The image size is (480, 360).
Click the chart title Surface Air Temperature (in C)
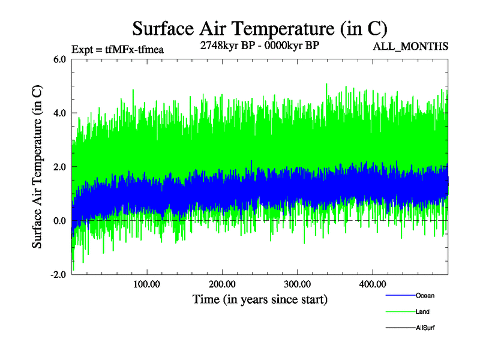pyautogui.click(x=259, y=28)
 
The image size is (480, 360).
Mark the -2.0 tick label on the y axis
pyautogui.click(x=58, y=275)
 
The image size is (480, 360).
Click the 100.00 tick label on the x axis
pyautogui.click(x=146, y=284)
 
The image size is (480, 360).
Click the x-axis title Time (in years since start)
pyautogui.click(x=260, y=299)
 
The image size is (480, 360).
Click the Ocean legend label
pyautogui.click(x=425, y=295)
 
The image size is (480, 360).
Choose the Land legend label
pyautogui.click(x=422, y=312)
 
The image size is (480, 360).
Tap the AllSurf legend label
pyautogui.click(x=425, y=328)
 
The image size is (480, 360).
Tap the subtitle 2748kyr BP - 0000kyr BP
pyautogui.click(x=260, y=45)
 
